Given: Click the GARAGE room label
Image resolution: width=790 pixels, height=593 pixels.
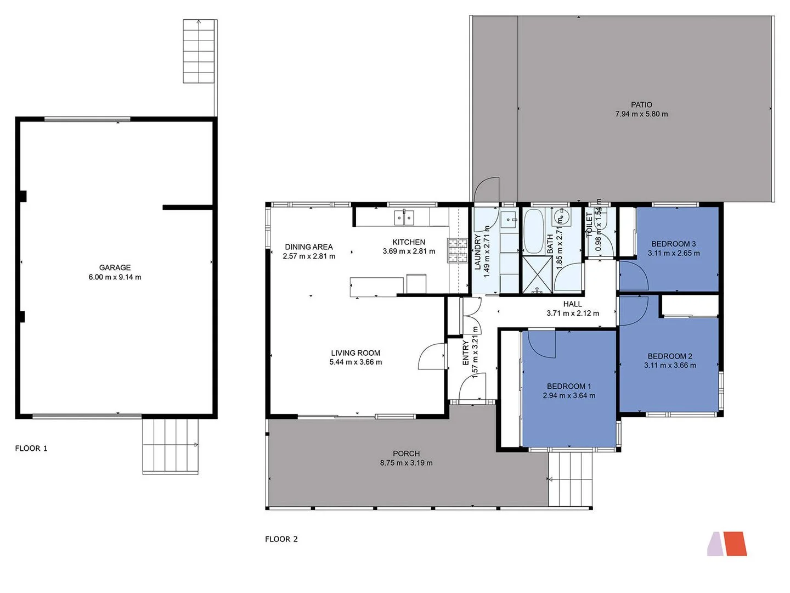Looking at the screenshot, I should pyautogui.click(x=115, y=267).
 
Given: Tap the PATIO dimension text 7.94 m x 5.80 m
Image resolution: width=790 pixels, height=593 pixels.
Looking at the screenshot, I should pyautogui.click(x=641, y=114).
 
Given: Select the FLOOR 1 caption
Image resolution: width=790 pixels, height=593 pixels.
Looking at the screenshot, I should pyautogui.click(x=31, y=449).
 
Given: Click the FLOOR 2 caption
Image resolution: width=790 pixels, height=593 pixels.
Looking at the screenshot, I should pyautogui.click(x=281, y=539).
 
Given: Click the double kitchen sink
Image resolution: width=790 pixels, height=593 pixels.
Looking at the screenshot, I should pyautogui.click(x=404, y=218).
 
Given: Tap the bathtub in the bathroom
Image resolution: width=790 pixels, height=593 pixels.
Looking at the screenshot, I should pyautogui.click(x=533, y=231).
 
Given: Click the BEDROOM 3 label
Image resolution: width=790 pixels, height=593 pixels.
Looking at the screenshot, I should pyautogui.click(x=673, y=244).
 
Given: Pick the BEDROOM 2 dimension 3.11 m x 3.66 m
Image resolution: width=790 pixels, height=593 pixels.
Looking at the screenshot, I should pyautogui.click(x=670, y=366).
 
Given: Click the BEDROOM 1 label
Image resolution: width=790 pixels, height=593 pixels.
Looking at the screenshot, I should pyautogui.click(x=568, y=386).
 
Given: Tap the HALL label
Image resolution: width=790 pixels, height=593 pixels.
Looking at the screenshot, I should pyautogui.click(x=572, y=304).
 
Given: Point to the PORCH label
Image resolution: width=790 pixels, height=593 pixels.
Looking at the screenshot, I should pyautogui.click(x=406, y=454).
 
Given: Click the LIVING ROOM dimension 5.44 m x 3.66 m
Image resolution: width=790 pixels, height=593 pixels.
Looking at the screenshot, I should pyautogui.click(x=356, y=362).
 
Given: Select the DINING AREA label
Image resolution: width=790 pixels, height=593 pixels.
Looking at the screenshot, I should pyautogui.click(x=308, y=247).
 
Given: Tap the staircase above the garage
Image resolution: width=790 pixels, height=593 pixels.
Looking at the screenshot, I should pyautogui.click(x=199, y=52).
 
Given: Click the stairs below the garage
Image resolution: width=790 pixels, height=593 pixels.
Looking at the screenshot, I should pyautogui.click(x=170, y=445).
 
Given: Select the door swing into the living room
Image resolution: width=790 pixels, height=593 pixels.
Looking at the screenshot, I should pyautogui.click(x=431, y=357).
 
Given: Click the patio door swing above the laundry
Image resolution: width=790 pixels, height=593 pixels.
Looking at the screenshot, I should pyautogui.click(x=487, y=190).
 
